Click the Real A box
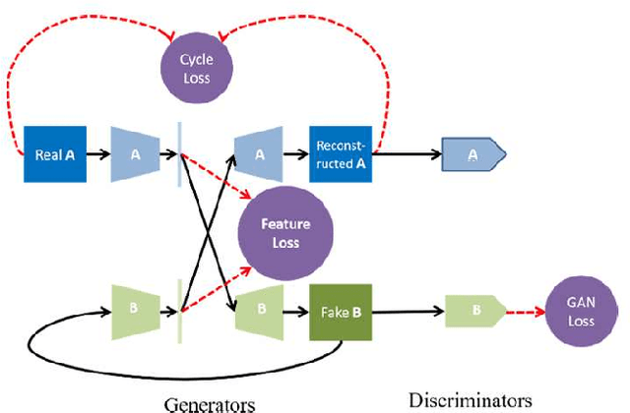pyautogui.click(x=55, y=154)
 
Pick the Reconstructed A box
pyautogui.click(x=342, y=154)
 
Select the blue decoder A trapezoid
pyautogui.click(x=259, y=154)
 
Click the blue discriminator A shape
pyautogui.click(x=473, y=154)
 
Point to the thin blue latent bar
pyautogui.click(x=180, y=154)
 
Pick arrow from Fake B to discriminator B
pyautogui.click(x=408, y=313)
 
